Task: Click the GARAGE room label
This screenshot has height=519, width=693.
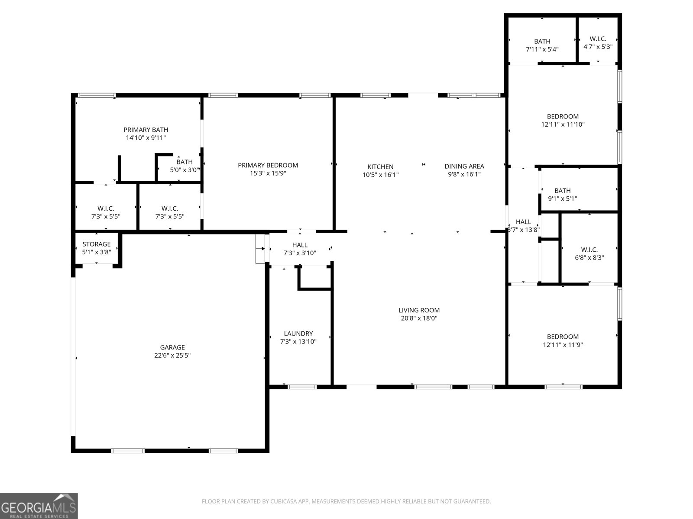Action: (x=172, y=347)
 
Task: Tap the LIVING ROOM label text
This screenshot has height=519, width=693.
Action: (x=419, y=310)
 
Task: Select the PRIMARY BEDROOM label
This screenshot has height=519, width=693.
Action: (x=268, y=165)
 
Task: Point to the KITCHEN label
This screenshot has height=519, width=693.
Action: (x=380, y=167)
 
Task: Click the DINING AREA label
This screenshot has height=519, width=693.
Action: (x=464, y=166)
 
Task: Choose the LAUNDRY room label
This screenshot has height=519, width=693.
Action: (x=298, y=333)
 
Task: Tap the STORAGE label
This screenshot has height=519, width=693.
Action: (x=97, y=244)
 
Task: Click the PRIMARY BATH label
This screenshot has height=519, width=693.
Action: (x=146, y=129)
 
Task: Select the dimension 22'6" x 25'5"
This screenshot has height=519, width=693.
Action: (x=172, y=355)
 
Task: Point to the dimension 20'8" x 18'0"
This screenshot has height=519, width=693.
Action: (x=419, y=318)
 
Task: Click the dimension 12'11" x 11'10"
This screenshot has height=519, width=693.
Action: (x=563, y=124)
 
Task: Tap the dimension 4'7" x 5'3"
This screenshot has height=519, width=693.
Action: (x=598, y=47)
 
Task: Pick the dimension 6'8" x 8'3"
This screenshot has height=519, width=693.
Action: (x=589, y=257)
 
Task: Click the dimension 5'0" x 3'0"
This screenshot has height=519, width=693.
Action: (x=185, y=170)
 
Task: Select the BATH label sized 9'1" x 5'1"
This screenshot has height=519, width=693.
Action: (x=563, y=190)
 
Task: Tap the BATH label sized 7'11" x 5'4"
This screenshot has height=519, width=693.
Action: (x=542, y=41)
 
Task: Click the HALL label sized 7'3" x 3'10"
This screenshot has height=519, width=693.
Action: (x=300, y=245)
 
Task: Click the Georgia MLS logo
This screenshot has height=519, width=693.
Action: (x=39, y=506)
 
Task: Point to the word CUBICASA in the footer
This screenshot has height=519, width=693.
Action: (x=283, y=501)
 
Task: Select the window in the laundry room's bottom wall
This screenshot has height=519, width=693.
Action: (x=302, y=387)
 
